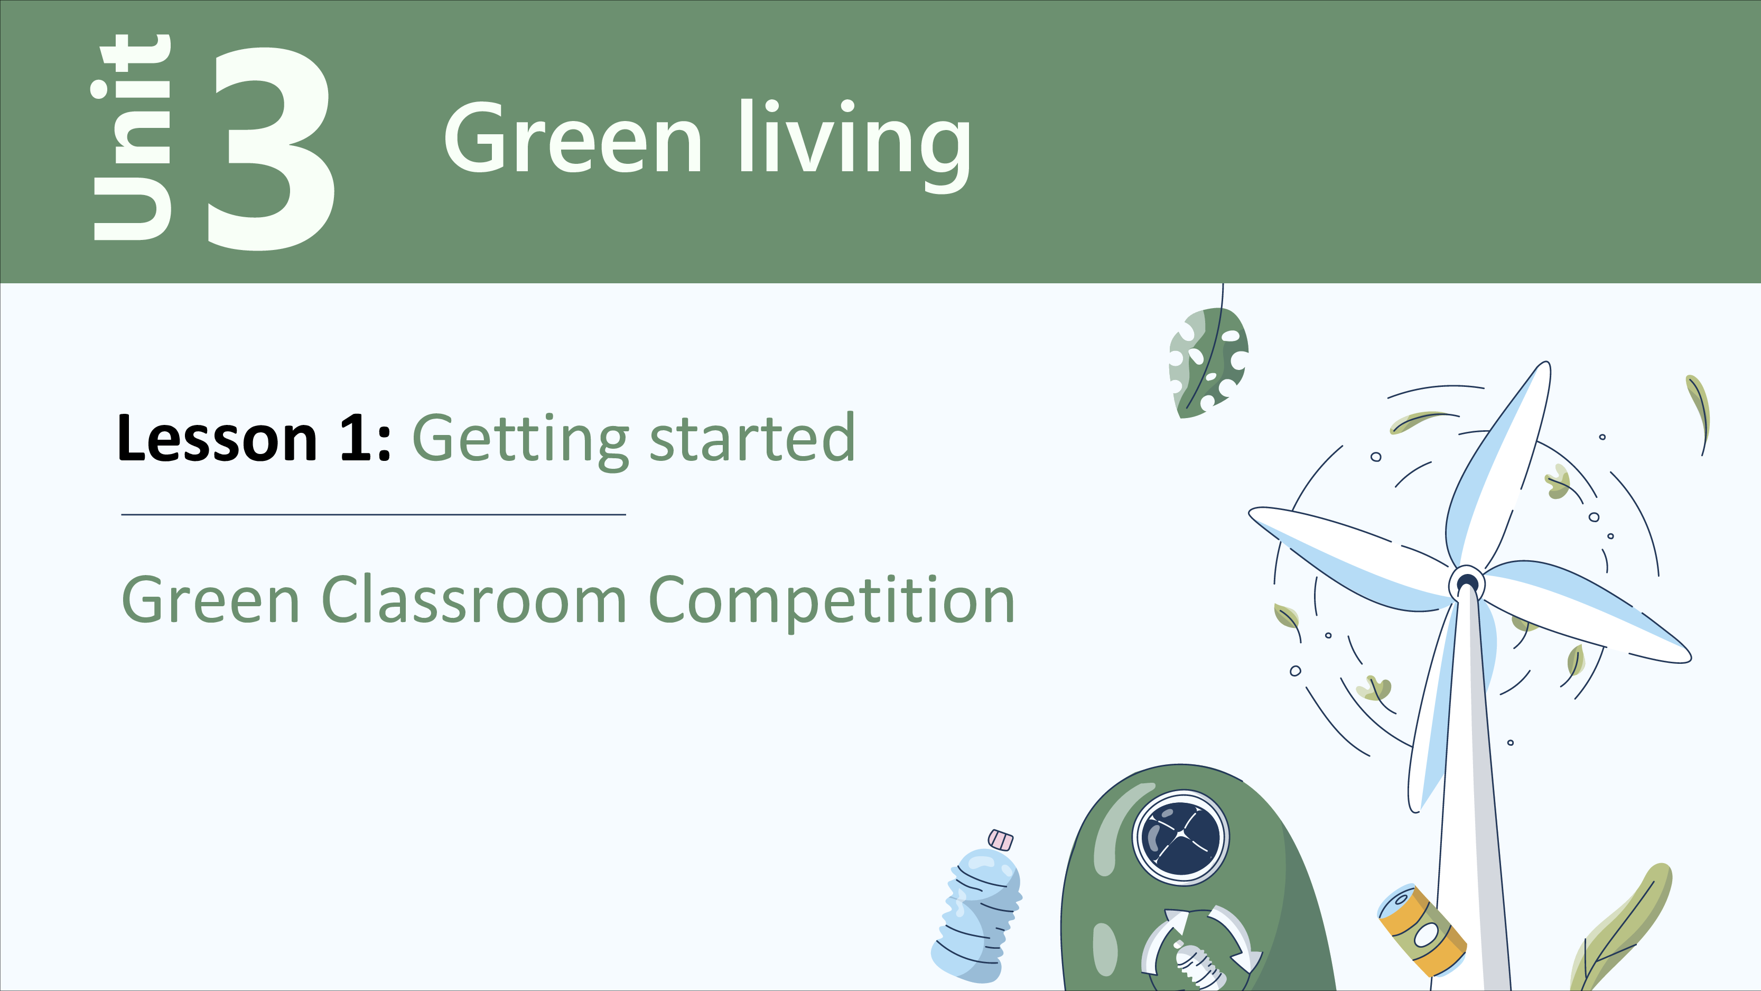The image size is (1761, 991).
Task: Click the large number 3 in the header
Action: tap(272, 148)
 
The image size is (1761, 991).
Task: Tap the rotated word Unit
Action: tap(130, 137)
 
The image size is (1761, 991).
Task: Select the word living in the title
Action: tap(854, 144)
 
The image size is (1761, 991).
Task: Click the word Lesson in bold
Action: tap(217, 438)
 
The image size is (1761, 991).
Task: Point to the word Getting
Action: tap(520, 442)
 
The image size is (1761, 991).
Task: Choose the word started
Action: tap(752, 438)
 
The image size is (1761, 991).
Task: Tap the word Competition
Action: tap(831, 602)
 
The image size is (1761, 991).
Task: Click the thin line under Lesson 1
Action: tap(373, 514)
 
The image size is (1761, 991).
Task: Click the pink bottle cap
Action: tap(1001, 839)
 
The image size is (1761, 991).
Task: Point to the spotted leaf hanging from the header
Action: tap(1209, 363)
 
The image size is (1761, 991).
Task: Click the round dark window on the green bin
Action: tap(1181, 837)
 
